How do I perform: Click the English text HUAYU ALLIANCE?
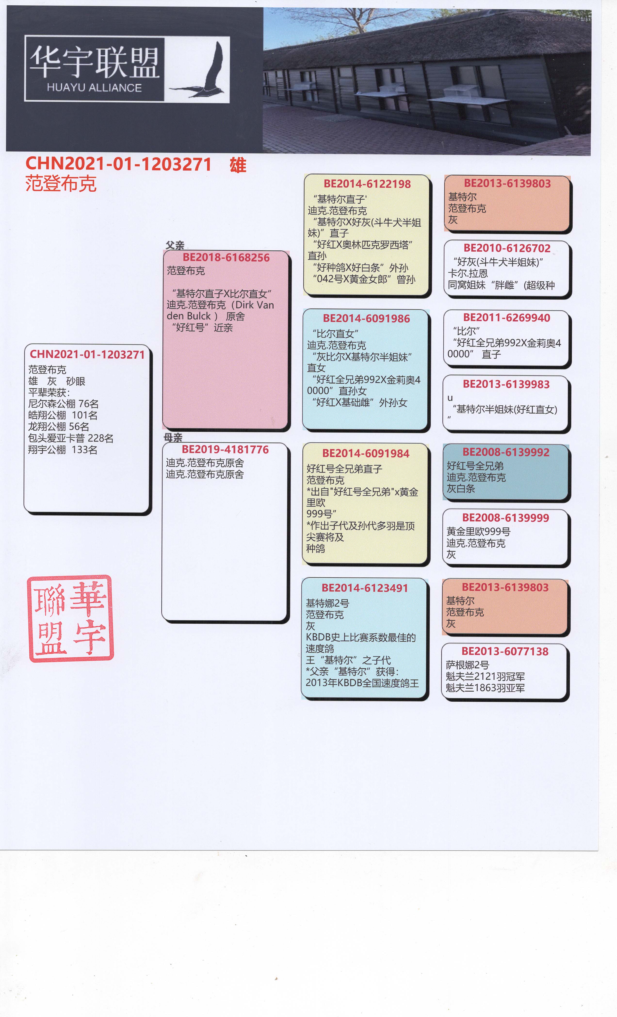[x=94, y=88]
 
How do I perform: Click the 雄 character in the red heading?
[x=238, y=165]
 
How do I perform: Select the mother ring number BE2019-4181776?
[x=225, y=450]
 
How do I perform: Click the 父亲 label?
[x=175, y=245]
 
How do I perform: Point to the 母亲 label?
[x=173, y=437]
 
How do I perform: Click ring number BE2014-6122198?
[x=367, y=184]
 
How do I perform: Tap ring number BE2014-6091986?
[x=366, y=319]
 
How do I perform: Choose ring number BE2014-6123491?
[x=365, y=588]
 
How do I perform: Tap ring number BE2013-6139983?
[x=506, y=384]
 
